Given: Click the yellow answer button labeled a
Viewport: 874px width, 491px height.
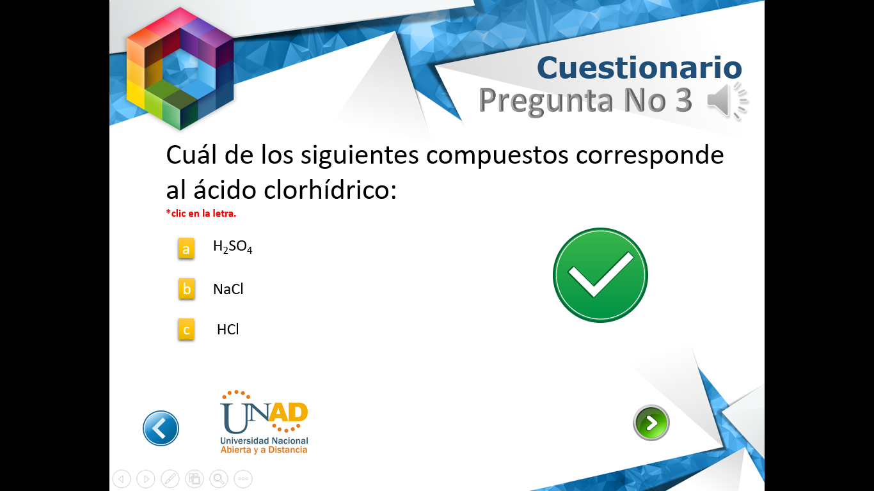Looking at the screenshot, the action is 186,249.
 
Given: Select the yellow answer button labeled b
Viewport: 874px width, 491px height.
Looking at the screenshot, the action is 186,288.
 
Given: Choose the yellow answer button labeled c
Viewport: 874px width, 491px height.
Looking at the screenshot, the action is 186,329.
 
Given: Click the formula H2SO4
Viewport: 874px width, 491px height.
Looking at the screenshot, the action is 232,247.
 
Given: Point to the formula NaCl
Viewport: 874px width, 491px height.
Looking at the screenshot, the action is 228,289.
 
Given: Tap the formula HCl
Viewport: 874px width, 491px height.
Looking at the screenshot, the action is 228,329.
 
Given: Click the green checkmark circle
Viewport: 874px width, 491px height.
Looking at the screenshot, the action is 600,276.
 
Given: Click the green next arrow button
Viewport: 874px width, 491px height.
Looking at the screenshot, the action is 651,423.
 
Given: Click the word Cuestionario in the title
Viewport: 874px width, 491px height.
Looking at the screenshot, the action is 639,68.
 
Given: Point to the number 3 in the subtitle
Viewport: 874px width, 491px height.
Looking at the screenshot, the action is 683,100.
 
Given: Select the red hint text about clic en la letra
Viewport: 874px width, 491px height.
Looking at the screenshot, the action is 201,214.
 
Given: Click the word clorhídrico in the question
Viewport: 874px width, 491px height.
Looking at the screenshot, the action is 330,190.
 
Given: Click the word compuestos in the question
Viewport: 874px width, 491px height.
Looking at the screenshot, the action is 497,155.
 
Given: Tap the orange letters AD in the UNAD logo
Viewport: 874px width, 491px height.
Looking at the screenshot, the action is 289,412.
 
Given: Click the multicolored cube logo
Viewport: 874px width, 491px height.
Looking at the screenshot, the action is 180,68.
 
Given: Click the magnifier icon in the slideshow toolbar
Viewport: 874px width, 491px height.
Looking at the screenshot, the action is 219,478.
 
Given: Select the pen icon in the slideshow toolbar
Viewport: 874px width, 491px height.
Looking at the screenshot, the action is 170,478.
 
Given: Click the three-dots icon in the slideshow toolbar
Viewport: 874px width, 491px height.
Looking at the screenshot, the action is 243,478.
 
